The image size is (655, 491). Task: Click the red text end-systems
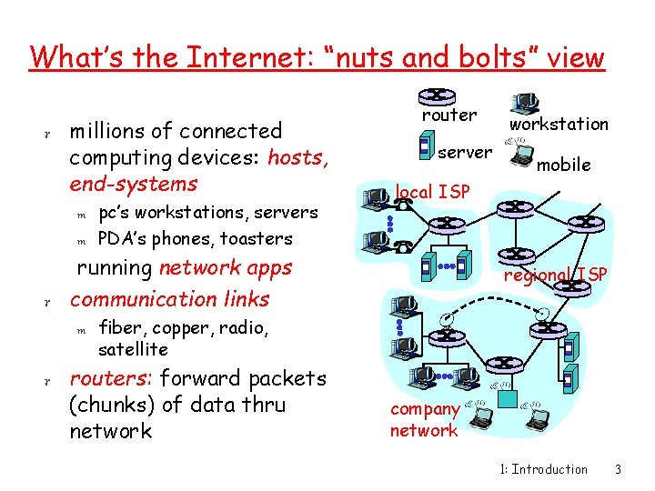[133, 184]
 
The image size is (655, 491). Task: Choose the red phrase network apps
[225, 267]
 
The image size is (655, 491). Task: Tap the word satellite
[133, 349]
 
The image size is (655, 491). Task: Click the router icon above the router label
[437, 95]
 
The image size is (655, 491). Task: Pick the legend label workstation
[559, 124]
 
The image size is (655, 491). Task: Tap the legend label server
[465, 151]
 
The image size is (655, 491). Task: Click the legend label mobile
[564, 165]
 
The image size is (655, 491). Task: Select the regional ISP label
[556, 275]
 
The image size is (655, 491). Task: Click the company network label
[424, 420]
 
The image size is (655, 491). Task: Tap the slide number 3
[618, 469]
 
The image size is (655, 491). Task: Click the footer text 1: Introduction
[544, 469]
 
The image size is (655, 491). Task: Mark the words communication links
[170, 299]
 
